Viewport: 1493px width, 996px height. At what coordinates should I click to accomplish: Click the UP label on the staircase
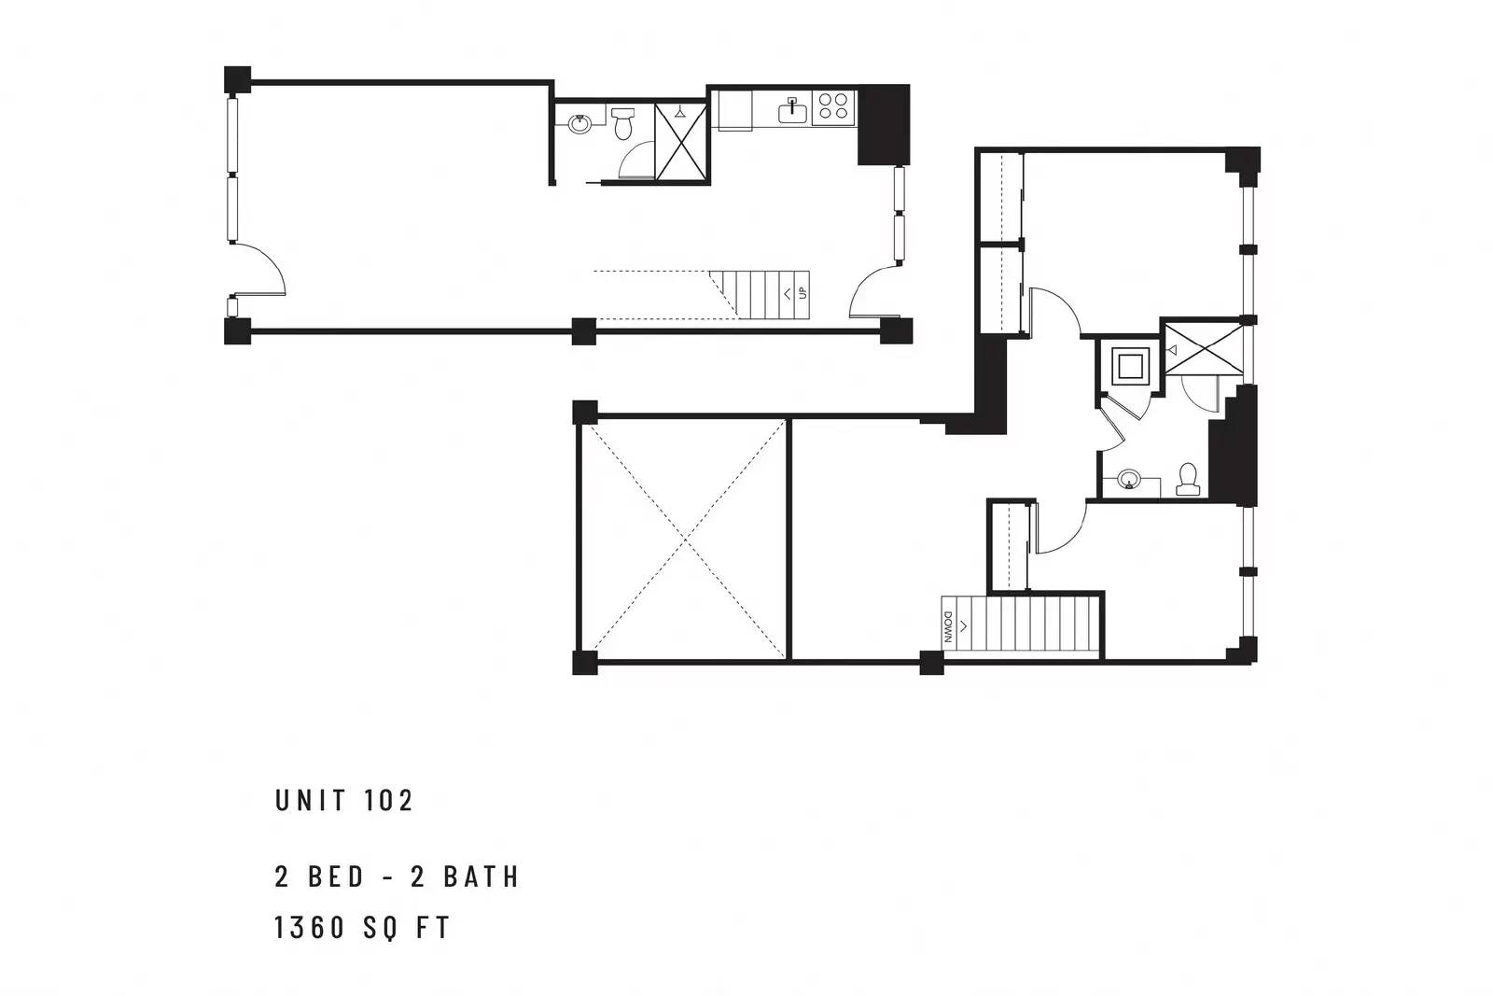(x=802, y=293)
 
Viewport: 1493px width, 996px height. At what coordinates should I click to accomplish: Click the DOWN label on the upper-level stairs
(x=948, y=628)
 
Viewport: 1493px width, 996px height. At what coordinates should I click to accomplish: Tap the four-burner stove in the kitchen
(x=833, y=107)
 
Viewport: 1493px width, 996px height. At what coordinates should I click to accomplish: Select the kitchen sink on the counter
(x=792, y=111)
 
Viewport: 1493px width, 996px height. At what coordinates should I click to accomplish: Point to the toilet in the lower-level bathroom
(x=623, y=122)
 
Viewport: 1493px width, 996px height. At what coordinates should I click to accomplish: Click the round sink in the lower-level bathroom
(x=579, y=124)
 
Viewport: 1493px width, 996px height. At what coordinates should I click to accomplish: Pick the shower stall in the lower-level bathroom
(x=680, y=141)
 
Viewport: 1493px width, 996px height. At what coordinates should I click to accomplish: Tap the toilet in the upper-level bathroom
(x=1187, y=480)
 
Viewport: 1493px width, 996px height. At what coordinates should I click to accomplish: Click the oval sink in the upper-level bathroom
(x=1129, y=479)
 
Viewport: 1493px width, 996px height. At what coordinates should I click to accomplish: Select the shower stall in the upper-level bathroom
(x=1204, y=349)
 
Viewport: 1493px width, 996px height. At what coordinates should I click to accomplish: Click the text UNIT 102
(x=344, y=801)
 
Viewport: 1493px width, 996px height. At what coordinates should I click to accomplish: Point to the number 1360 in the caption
(x=310, y=927)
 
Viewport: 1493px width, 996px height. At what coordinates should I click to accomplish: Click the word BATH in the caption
(x=481, y=877)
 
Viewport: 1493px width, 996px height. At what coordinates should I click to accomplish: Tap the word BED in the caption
(x=336, y=877)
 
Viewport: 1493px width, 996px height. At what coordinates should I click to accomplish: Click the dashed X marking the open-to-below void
(x=685, y=538)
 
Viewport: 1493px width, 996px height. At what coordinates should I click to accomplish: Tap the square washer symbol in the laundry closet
(x=1130, y=367)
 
